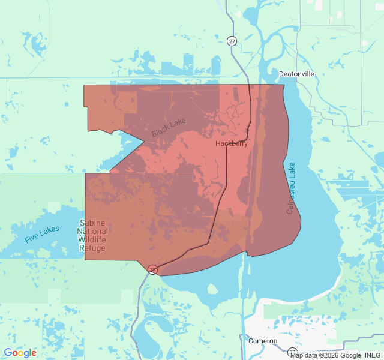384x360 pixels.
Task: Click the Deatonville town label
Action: pyautogui.click(x=296, y=74)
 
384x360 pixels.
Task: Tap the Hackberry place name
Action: pyautogui.click(x=232, y=144)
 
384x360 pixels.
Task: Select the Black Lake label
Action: pyautogui.click(x=169, y=127)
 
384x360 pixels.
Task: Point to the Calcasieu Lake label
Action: pyautogui.click(x=290, y=188)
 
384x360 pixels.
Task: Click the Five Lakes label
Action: pyautogui.click(x=42, y=234)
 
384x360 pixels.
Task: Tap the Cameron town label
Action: pyautogui.click(x=263, y=341)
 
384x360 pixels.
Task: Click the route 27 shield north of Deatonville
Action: pyautogui.click(x=232, y=41)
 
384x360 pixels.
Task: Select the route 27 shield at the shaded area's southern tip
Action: pyautogui.click(x=153, y=269)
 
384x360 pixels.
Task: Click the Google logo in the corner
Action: pyautogui.click(x=20, y=353)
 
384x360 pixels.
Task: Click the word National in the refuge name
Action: pyautogui.click(x=92, y=232)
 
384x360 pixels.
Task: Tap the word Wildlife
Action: pyautogui.click(x=92, y=240)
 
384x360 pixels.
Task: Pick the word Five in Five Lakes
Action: pyautogui.click(x=32, y=238)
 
